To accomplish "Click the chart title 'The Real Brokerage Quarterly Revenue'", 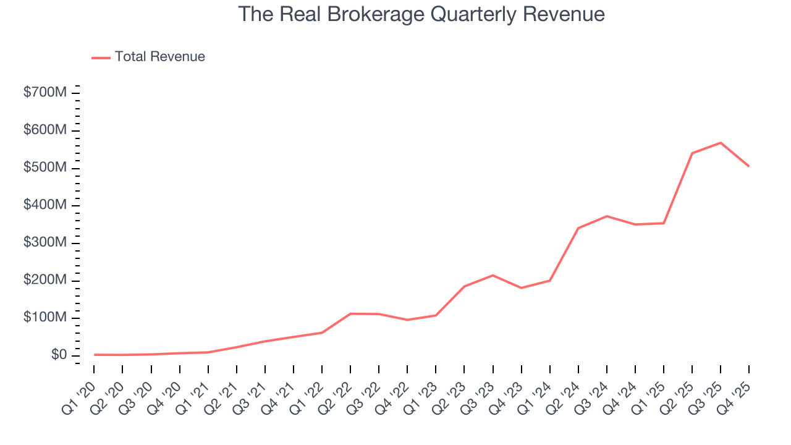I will tap(421, 14).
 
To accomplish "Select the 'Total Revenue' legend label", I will tap(159, 57).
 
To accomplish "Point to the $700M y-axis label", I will tap(45, 93).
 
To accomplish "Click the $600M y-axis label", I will tap(45, 131).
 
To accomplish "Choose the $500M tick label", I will tap(45, 168).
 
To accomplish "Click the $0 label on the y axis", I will tap(59, 355).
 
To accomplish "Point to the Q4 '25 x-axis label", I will tap(735, 397).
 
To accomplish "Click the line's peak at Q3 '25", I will tap(721, 143).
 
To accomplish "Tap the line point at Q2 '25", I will tap(692, 153).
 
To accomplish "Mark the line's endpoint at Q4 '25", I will tap(749, 166).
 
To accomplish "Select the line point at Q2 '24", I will tap(578, 228).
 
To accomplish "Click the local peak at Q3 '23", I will tap(493, 275).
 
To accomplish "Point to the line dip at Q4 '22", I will tap(407, 320).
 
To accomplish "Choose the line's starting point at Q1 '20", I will tap(94, 355).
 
